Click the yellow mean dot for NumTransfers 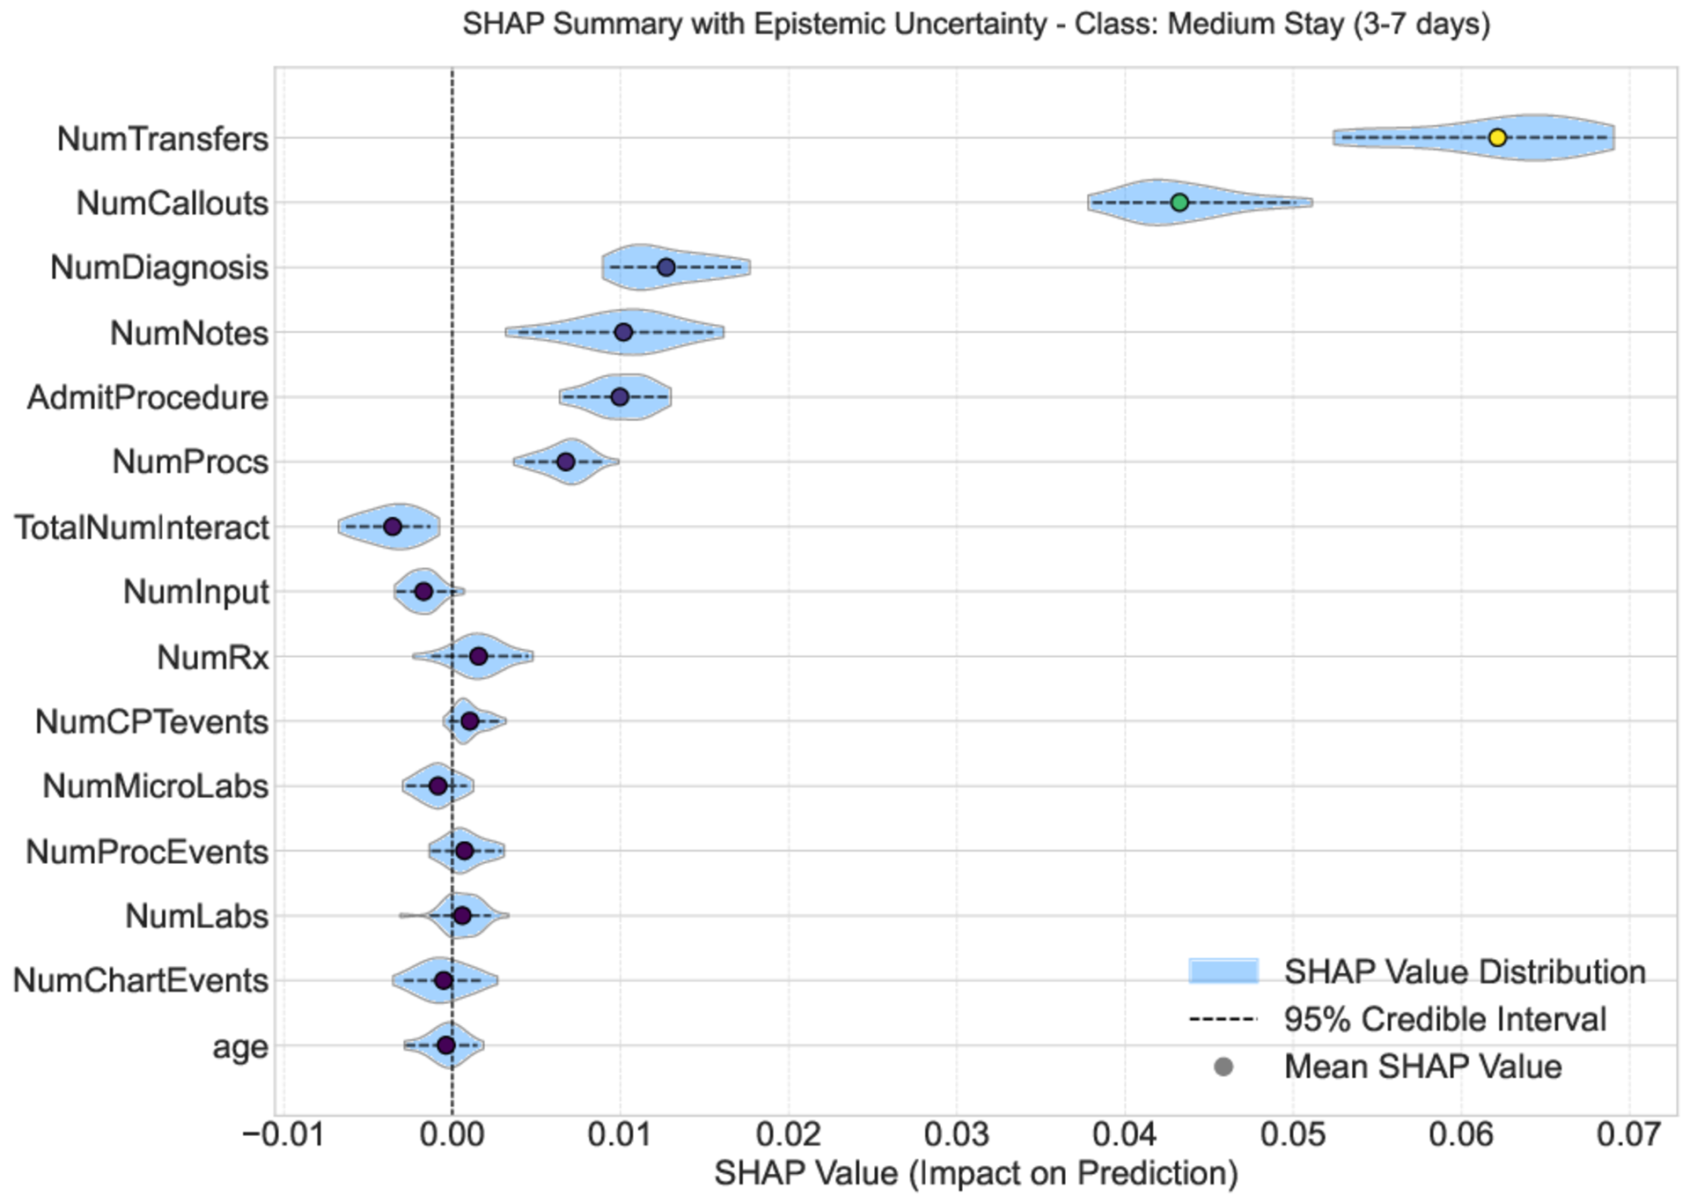(x=1497, y=137)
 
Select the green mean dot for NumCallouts (x=1179, y=203)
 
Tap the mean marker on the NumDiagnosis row (x=666, y=267)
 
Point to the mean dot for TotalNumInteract (x=393, y=527)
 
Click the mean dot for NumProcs (x=566, y=461)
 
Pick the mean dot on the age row (x=445, y=1045)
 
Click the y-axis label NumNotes (x=189, y=333)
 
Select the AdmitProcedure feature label (x=148, y=397)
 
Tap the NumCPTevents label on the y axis (x=151, y=721)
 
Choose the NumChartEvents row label (x=141, y=980)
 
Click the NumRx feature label (x=213, y=657)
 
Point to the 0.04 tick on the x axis (x=1124, y=1134)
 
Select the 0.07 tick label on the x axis (x=1629, y=1134)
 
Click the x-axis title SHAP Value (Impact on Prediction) (x=975, y=1174)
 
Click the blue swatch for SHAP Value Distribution (x=1223, y=971)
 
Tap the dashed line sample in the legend (x=1223, y=1020)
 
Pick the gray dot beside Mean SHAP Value (x=1223, y=1067)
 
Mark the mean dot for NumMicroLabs (x=437, y=786)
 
